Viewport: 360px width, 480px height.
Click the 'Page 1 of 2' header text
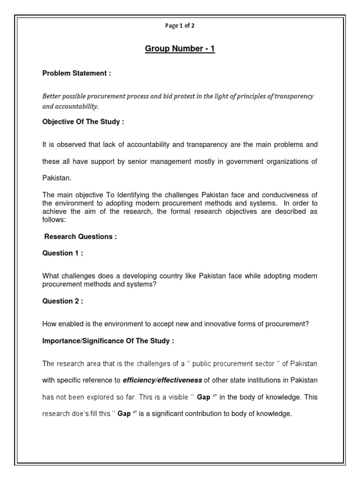[x=180, y=26]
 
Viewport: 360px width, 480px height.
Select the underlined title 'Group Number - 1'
[x=180, y=49]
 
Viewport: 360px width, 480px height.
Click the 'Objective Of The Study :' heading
[x=83, y=122]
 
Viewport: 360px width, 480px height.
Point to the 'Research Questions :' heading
[x=80, y=237]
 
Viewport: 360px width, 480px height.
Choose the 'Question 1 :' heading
[x=63, y=253]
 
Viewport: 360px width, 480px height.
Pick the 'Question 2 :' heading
[x=63, y=301]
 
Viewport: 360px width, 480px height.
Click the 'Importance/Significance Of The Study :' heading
[x=108, y=341]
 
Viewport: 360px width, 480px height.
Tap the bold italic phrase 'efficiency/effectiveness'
[x=163, y=380]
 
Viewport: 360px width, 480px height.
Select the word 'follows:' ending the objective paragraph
[x=55, y=219]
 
